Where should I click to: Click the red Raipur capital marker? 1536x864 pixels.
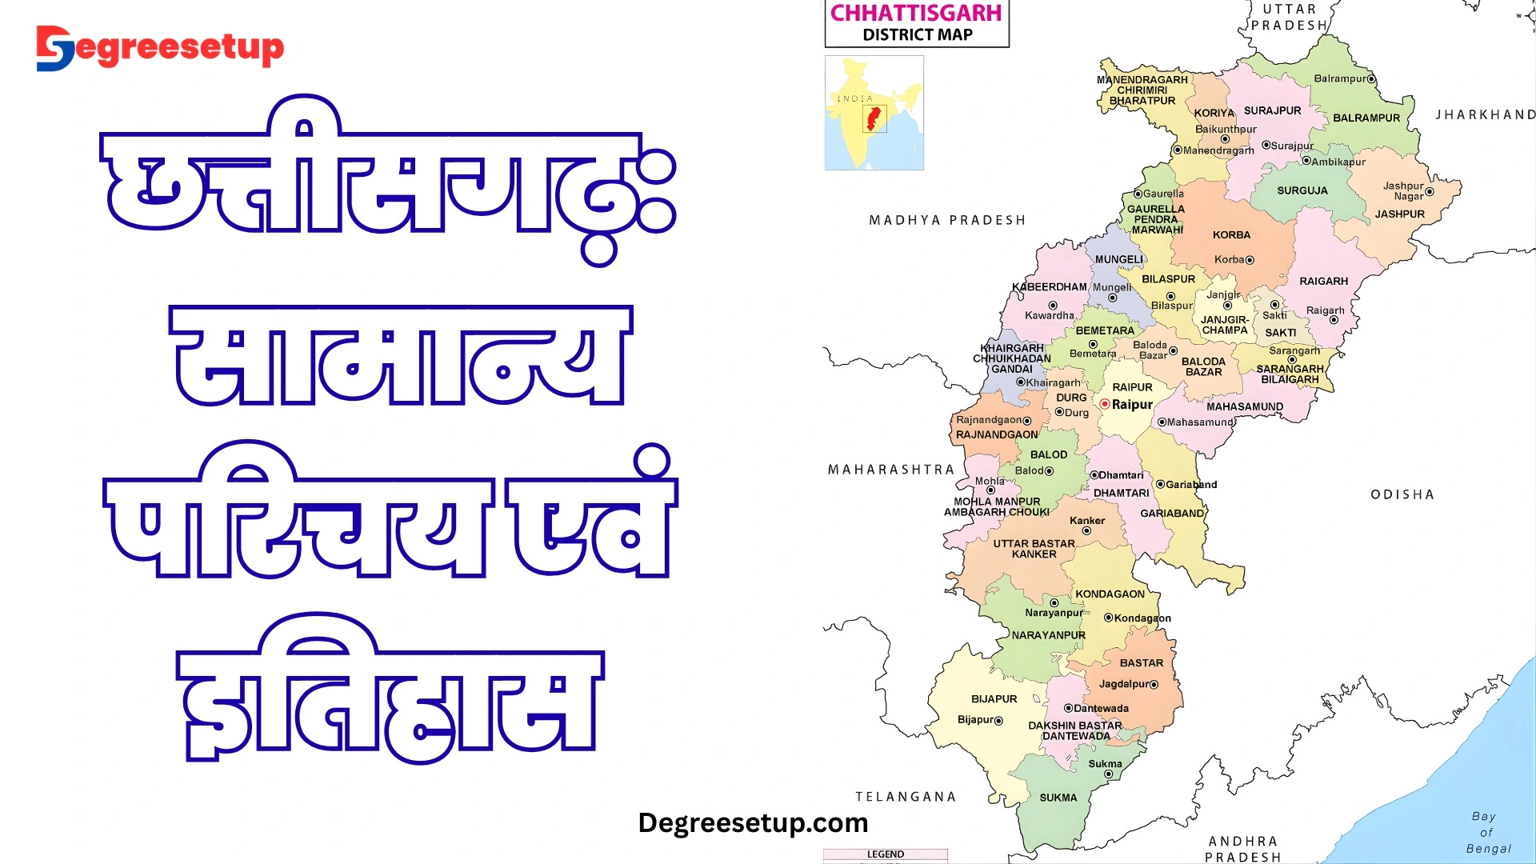click(x=1105, y=405)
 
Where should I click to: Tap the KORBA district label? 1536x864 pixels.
click(x=1231, y=235)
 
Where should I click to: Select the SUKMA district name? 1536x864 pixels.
click(x=1058, y=798)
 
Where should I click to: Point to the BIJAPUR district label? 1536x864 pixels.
click(x=994, y=699)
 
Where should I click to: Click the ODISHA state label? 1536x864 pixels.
click(x=1402, y=494)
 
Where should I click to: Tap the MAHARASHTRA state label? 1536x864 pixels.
click(x=891, y=470)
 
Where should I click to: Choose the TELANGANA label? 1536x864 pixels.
click(x=906, y=797)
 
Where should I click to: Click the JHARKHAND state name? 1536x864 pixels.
click(x=1485, y=115)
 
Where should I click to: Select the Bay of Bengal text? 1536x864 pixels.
click(x=1487, y=832)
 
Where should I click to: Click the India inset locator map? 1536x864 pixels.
click(x=874, y=113)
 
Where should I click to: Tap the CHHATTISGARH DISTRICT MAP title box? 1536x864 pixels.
click(x=917, y=23)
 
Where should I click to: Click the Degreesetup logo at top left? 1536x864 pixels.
click(x=160, y=48)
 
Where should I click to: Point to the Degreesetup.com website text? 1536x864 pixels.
click(x=753, y=822)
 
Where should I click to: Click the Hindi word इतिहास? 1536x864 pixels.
click(x=390, y=692)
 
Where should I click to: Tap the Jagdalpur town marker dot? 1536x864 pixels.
click(x=1154, y=685)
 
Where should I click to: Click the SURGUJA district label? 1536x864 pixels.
click(x=1302, y=191)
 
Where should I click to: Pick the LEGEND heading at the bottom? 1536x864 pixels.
click(x=886, y=854)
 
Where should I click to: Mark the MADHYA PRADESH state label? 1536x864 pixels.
click(x=947, y=220)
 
